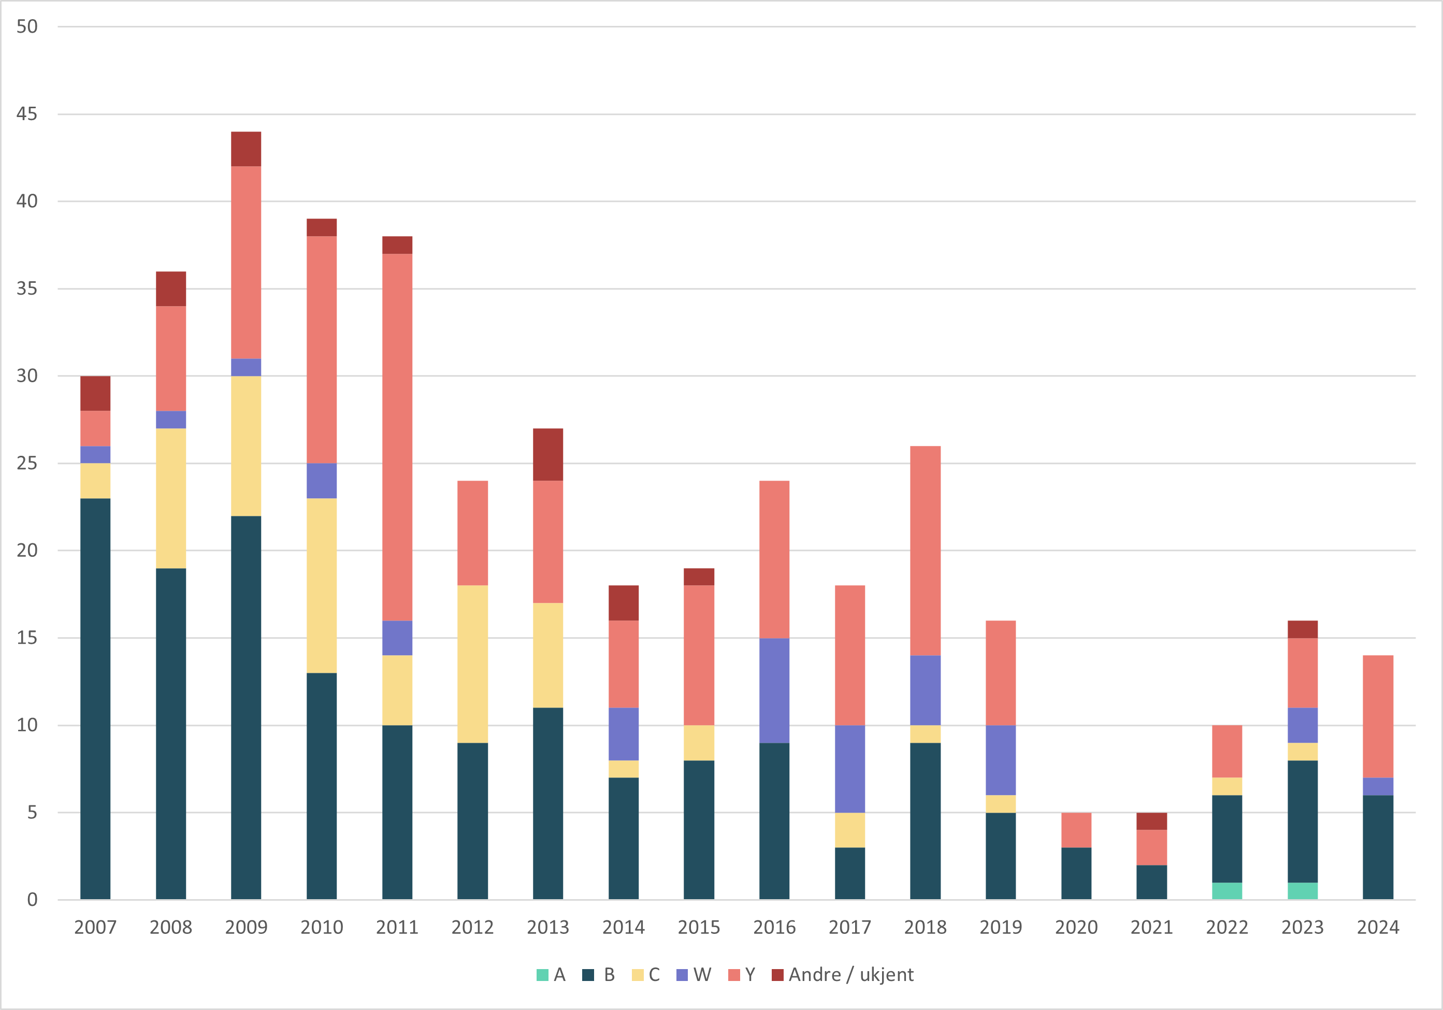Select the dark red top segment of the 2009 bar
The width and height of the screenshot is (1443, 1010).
tap(246, 149)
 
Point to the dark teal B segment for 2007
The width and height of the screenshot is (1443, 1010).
tap(95, 698)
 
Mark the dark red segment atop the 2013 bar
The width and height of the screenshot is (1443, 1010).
tap(548, 454)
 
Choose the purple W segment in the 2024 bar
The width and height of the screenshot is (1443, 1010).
tap(1378, 786)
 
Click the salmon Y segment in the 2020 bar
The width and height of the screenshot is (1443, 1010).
tap(1076, 830)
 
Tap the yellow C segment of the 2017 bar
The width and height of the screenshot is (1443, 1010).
tap(850, 830)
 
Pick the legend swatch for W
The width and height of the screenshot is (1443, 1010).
tap(682, 975)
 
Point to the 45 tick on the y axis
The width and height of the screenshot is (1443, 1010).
tap(27, 114)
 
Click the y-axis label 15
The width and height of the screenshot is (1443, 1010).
tap(27, 638)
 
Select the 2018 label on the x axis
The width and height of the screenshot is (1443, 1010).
tap(925, 927)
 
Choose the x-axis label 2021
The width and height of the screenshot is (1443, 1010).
tap(1151, 927)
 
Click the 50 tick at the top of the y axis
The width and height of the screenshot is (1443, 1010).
tap(27, 26)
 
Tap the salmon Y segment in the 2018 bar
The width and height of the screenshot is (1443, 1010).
tap(925, 551)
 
